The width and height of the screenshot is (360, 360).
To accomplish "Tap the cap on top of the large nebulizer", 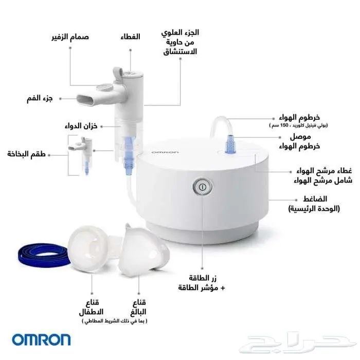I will click(127, 72).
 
